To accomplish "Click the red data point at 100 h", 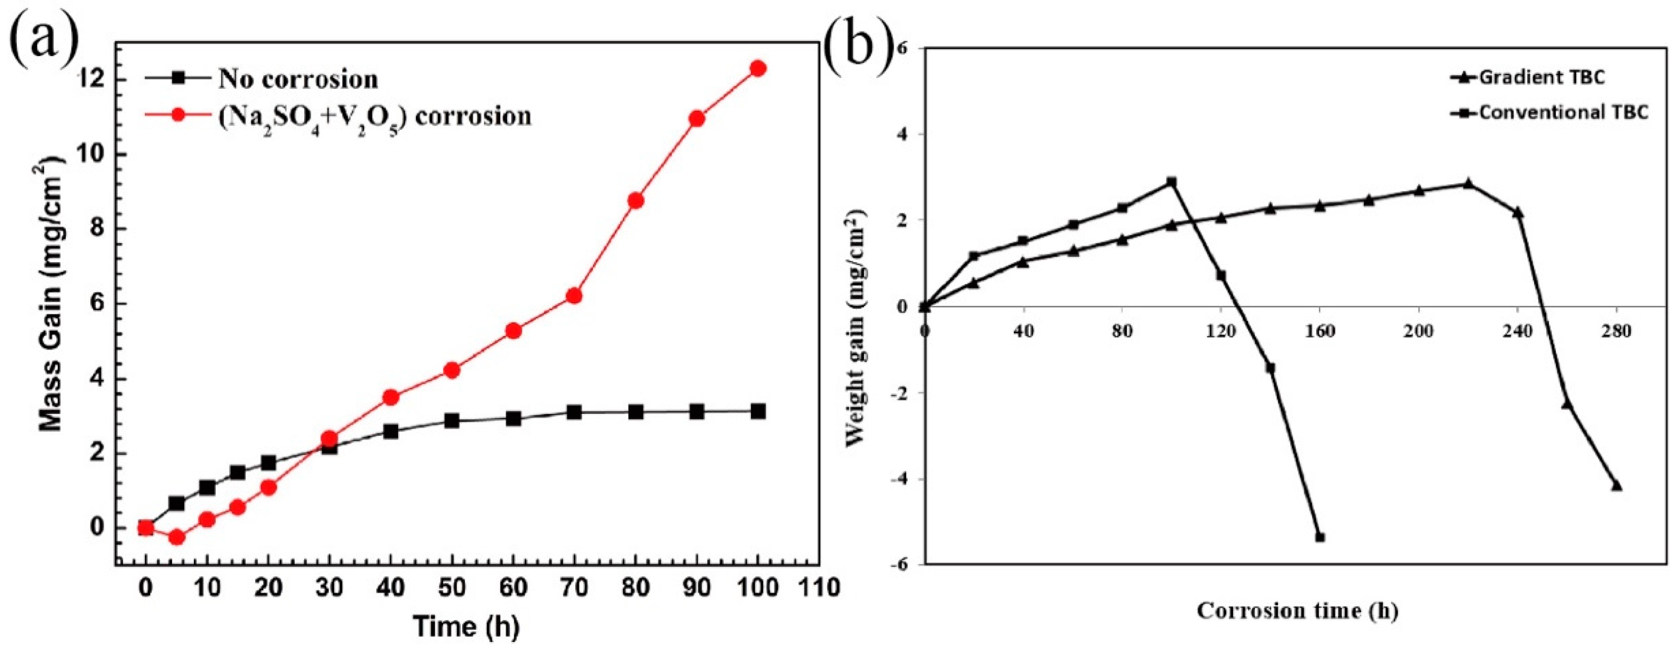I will coord(758,68).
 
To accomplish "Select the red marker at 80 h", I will coord(636,201).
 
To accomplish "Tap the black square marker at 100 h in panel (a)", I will coord(758,411).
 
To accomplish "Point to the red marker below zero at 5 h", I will coord(177,537).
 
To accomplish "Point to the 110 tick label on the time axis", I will coord(818,588).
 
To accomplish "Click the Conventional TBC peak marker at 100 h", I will coord(1172,182).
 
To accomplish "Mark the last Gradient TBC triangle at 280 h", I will coord(1617,486).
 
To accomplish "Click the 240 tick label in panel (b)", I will coord(1517,332).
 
